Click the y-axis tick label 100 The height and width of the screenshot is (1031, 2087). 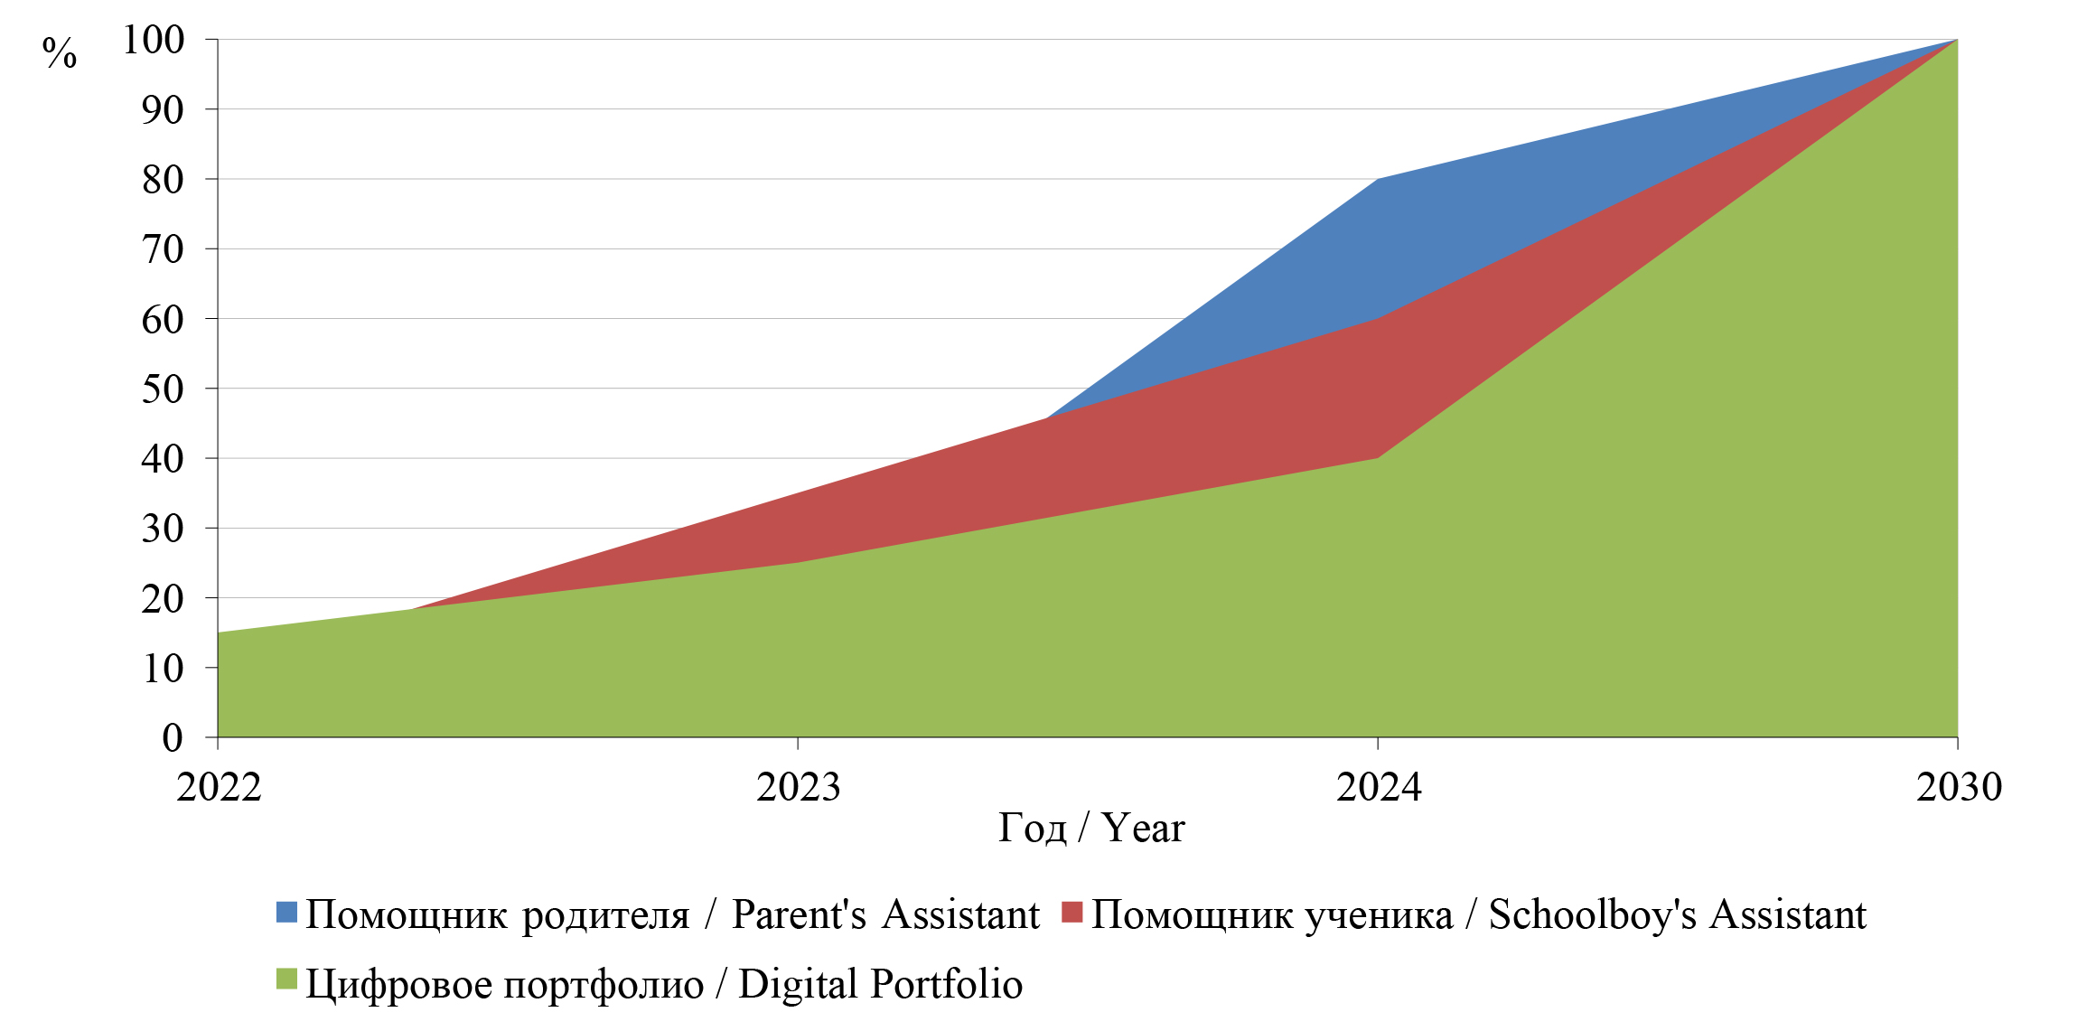point(154,40)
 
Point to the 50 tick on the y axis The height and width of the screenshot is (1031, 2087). point(163,389)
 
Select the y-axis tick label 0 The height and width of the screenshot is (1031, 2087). point(172,738)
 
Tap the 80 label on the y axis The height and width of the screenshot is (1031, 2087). point(163,180)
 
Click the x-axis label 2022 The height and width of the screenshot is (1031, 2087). point(219,787)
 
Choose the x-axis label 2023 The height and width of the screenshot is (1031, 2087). point(798,787)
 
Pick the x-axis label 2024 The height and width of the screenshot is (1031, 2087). point(1378,787)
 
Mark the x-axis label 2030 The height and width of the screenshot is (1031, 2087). point(1958,787)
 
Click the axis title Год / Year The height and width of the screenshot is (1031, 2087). point(1090,828)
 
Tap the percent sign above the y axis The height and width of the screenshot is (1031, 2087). point(60,53)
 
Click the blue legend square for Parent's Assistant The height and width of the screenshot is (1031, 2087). point(286,913)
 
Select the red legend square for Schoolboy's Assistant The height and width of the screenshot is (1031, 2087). point(1072,913)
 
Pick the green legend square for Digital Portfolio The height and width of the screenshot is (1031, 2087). point(286,980)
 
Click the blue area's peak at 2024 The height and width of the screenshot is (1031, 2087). point(1378,180)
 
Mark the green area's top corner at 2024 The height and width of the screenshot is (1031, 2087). point(1378,458)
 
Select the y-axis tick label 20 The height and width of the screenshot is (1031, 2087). point(163,598)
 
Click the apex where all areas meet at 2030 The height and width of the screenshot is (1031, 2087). point(1957,41)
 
